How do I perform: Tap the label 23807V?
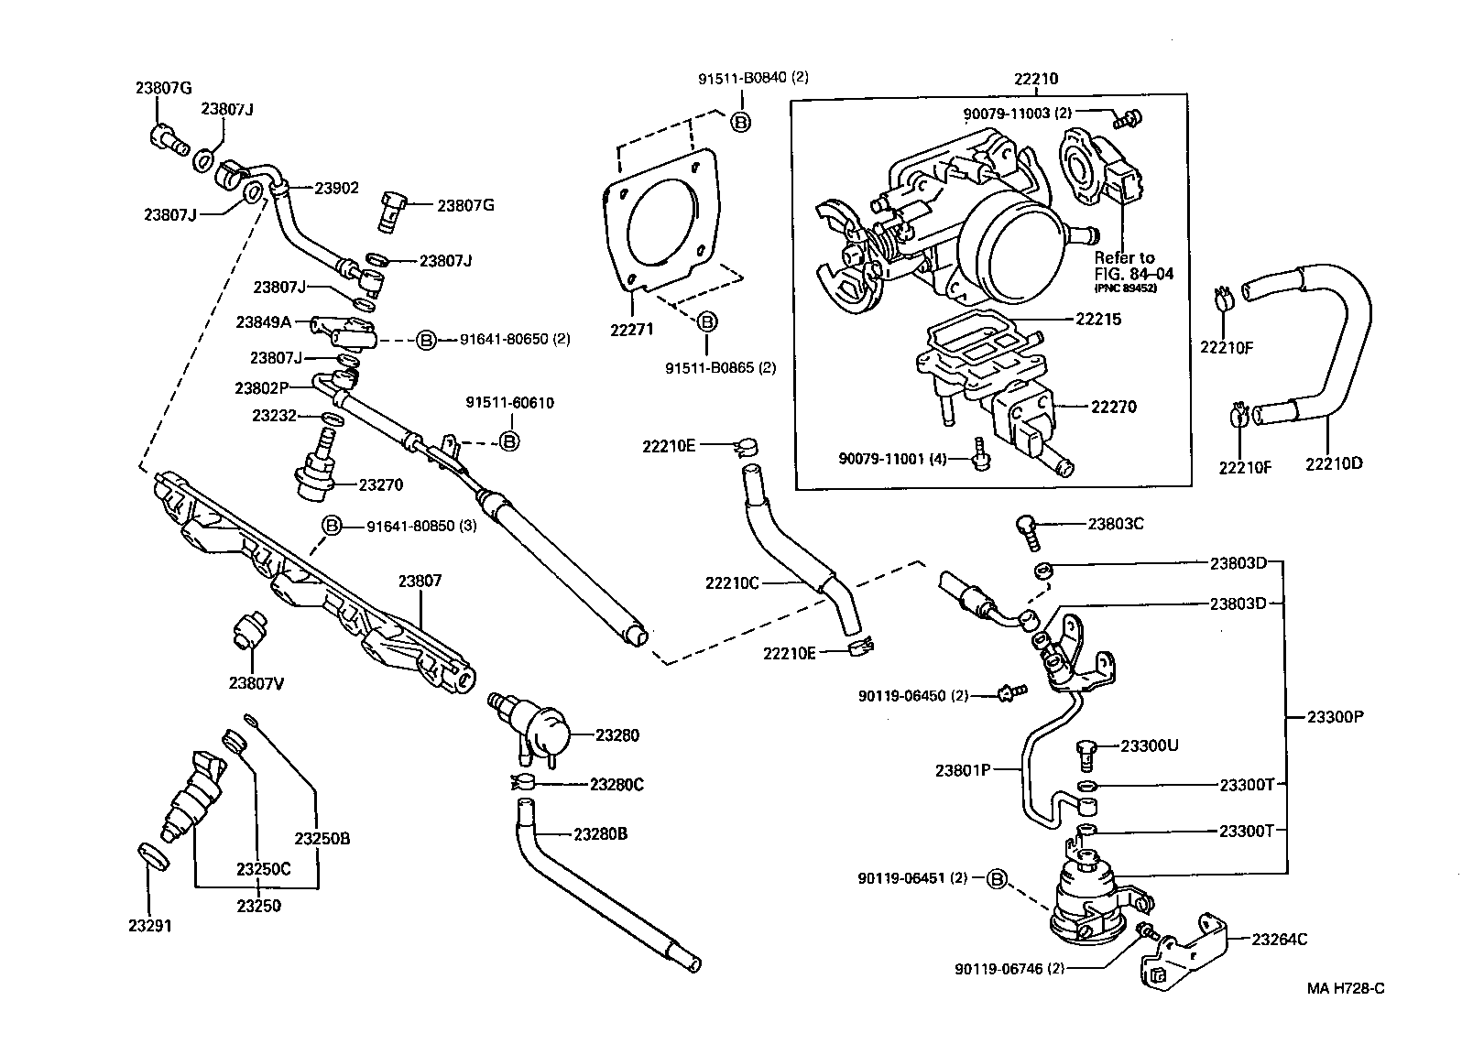256,682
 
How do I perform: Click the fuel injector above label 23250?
197,795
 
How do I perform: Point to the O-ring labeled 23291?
155,857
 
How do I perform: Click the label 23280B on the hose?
600,834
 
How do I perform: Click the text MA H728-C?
1345,988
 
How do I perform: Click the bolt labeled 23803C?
1026,528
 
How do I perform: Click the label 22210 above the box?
1035,79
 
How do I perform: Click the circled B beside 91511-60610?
509,441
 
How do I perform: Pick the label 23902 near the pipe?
336,188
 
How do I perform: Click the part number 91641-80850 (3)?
420,527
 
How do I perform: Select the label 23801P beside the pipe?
963,770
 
